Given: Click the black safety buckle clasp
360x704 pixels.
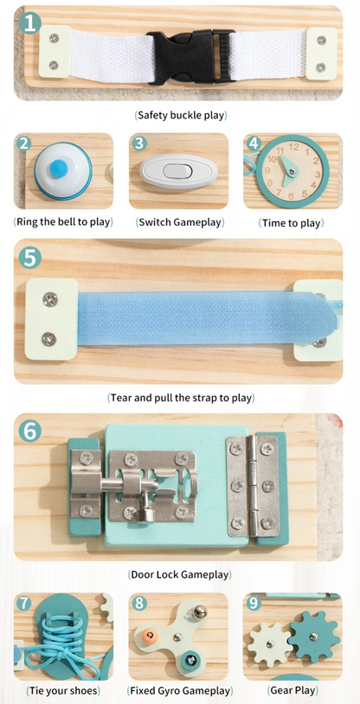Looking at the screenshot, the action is [x=190, y=56].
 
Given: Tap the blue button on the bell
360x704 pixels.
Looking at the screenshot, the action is [x=59, y=168].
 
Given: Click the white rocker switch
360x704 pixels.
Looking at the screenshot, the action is [x=178, y=171].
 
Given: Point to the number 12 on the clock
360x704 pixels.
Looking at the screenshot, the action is [x=294, y=146].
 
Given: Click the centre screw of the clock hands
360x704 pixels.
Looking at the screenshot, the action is [x=293, y=171].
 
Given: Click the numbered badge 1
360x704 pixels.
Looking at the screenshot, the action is [x=30, y=22].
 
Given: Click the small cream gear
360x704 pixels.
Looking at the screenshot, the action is [x=270, y=644].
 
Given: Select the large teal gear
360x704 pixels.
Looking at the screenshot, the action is [x=314, y=637].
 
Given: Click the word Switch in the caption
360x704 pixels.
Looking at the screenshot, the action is [x=154, y=222].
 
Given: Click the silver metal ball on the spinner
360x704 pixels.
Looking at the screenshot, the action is [x=200, y=611].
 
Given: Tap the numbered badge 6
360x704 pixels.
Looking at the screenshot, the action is [x=30, y=432].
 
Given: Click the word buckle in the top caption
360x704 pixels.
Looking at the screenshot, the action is [x=178, y=115].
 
